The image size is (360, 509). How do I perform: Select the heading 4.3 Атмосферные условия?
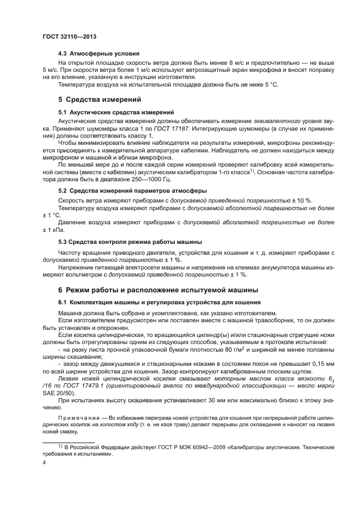click(x=99, y=54)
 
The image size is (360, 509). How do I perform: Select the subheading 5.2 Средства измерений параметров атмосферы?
click(x=132, y=191)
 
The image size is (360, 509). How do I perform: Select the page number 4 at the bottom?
click(x=45, y=462)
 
